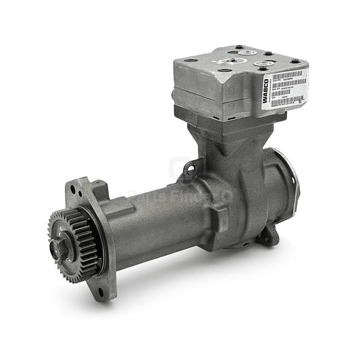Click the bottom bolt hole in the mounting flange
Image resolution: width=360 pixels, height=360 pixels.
point(100,293)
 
